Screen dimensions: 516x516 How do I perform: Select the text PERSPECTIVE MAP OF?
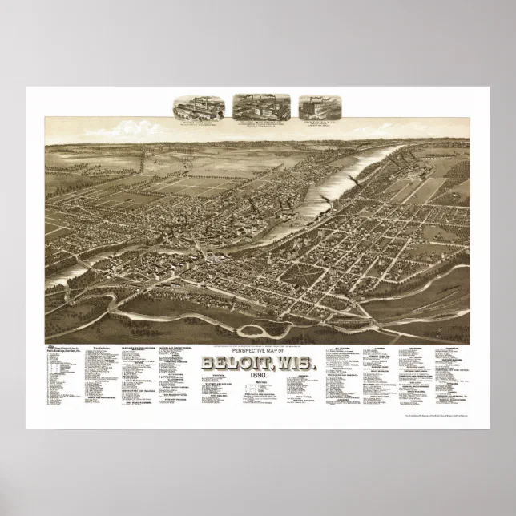coord(258,331)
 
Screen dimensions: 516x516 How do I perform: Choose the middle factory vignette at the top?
coord(261,107)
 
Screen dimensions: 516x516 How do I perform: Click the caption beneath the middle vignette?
coord(261,124)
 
